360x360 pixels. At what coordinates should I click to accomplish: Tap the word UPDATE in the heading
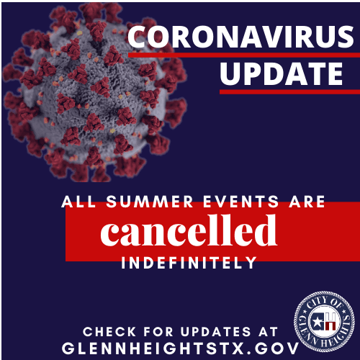pyautogui.click(x=281, y=74)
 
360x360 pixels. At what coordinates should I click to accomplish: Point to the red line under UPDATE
pyautogui.click(x=288, y=91)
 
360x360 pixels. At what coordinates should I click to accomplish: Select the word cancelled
pyautogui.click(x=189, y=231)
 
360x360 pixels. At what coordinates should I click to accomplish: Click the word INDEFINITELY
pyautogui.click(x=189, y=264)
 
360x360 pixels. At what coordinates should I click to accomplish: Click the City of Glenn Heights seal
pyautogui.click(x=325, y=319)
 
